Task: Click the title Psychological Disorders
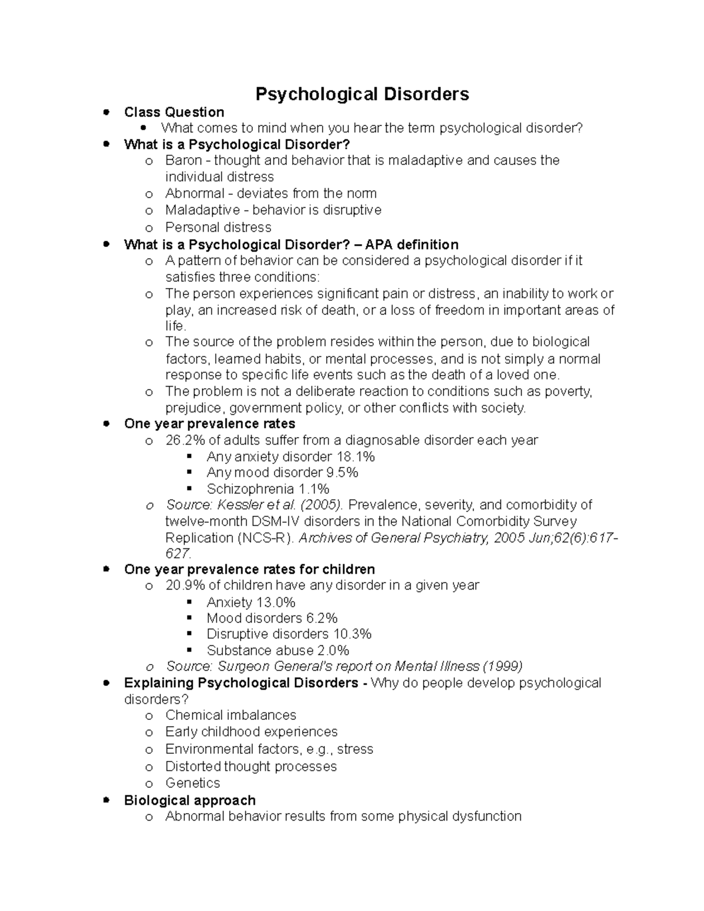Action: click(x=362, y=94)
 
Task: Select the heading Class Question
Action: click(x=174, y=112)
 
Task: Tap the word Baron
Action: click(x=184, y=160)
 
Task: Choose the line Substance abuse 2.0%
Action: click(x=277, y=650)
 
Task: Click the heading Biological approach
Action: click(x=189, y=800)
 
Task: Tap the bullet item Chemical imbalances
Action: click(x=231, y=715)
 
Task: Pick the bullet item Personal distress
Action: click(x=218, y=227)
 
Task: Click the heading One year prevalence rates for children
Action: click(x=249, y=569)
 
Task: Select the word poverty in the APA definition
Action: click(x=568, y=391)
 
